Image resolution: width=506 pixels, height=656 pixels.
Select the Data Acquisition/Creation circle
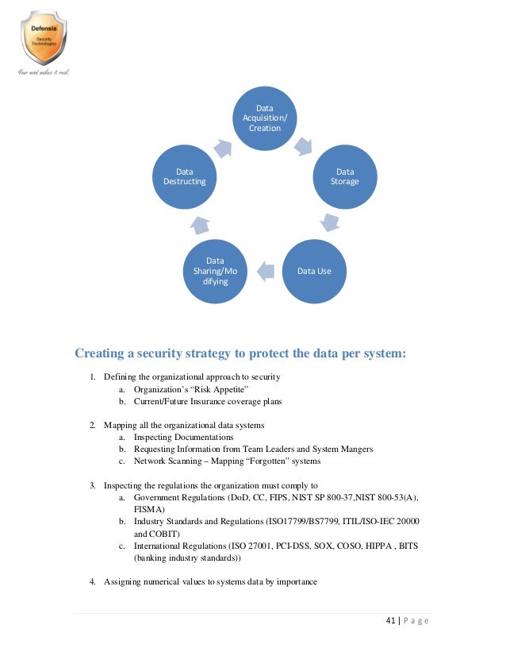pos(265,118)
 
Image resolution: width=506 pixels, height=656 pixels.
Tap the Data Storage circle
pos(345,176)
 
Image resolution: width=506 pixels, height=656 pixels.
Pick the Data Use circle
pos(314,271)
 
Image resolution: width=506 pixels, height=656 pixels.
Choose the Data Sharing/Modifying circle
pos(215,271)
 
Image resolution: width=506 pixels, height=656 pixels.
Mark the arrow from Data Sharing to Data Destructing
pos(200,224)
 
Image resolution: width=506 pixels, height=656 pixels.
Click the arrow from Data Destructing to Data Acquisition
pos(223,148)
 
